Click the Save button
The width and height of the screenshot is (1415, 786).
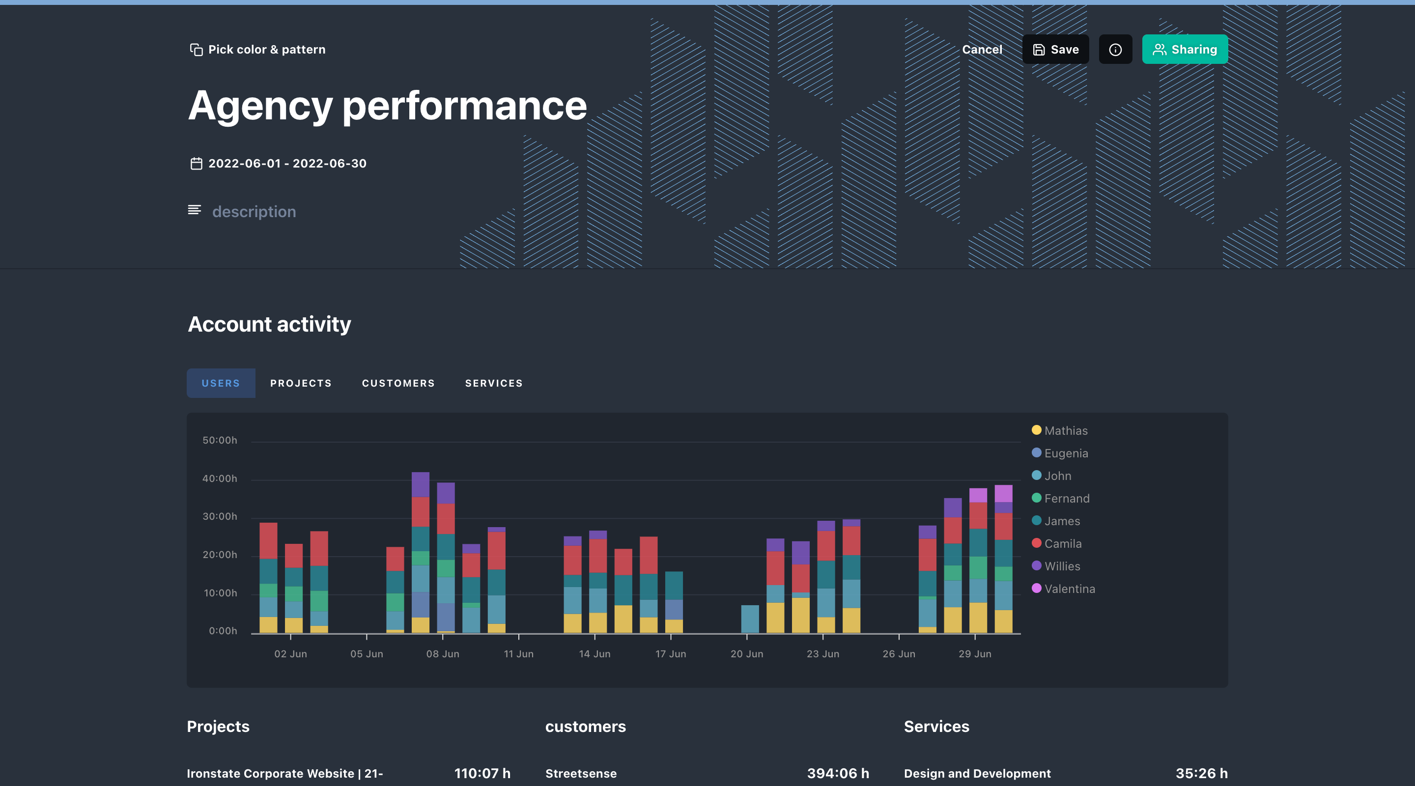1055,50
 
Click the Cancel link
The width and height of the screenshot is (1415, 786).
982,50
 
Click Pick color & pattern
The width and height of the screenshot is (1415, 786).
257,50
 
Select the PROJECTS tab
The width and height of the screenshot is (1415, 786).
301,383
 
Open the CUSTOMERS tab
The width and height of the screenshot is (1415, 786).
397,383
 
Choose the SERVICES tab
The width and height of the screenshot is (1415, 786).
493,383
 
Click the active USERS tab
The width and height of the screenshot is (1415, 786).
220,383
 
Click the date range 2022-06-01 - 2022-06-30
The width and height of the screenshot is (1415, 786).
287,163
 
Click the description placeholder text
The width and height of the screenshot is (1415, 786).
254,211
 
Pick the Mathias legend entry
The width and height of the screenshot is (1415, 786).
1065,431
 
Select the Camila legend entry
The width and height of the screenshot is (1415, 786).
1062,543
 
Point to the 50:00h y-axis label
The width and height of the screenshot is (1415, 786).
220,440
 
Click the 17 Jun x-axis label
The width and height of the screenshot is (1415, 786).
670,654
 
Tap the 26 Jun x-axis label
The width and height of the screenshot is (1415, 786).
899,654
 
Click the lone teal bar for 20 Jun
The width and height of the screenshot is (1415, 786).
749,619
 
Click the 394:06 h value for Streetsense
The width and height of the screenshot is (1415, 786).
837,773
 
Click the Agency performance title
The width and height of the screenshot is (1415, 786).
387,106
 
